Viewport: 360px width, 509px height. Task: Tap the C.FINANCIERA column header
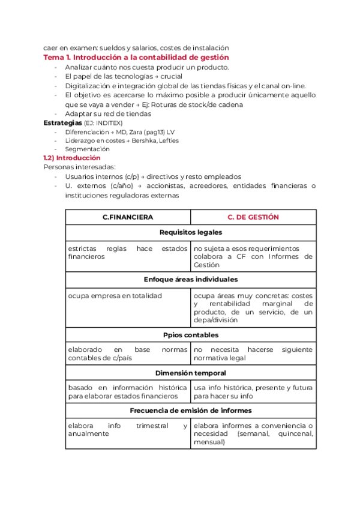tap(128, 217)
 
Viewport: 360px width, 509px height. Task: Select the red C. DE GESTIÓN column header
tap(253, 217)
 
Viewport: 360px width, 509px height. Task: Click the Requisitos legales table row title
tap(190, 232)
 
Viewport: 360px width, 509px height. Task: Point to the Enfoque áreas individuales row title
tap(190, 279)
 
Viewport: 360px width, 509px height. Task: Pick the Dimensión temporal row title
tap(190, 373)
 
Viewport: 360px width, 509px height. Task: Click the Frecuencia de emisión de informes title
tap(190, 411)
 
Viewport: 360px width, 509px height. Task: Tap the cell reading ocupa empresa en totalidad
tap(115, 295)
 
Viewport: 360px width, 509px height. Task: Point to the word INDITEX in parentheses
tap(108, 123)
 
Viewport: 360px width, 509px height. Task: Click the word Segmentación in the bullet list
tap(88, 149)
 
